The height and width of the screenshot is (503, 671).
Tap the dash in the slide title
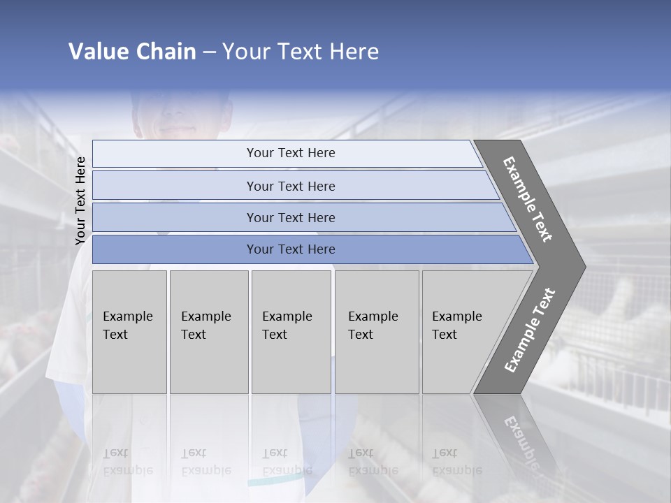[x=209, y=52]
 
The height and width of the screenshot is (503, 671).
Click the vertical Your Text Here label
[x=80, y=201]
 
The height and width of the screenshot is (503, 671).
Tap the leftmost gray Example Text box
[x=129, y=332]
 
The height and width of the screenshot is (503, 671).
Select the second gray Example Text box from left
[x=208, y=332]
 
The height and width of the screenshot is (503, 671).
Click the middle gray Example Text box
[x=291, y=332]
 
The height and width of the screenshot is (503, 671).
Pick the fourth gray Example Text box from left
[x=377, y=332]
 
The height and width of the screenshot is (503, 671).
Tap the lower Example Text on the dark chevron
[x=530, y=330]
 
